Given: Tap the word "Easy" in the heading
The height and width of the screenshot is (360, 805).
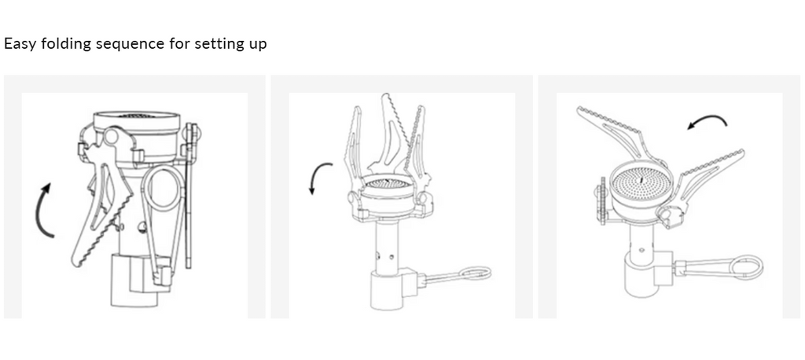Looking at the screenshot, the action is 20,44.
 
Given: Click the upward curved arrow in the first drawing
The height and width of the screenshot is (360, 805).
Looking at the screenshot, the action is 40,211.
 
